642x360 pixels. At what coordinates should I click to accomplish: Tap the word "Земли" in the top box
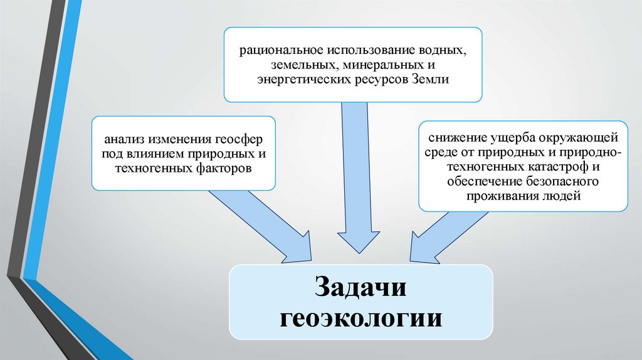432,80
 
